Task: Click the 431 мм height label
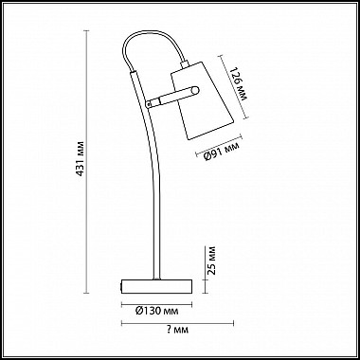click(81, 158)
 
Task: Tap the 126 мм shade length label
click(239, 83)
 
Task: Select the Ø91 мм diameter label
click(222, 151)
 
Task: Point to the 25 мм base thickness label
click(212, 261)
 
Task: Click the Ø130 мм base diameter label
click(156, 311)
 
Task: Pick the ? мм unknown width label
click(177, 330)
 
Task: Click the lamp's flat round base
click(157, 286)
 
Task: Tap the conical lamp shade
click(202, 100)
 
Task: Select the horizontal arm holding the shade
click(172, 97)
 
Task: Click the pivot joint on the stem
click(149, 103)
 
